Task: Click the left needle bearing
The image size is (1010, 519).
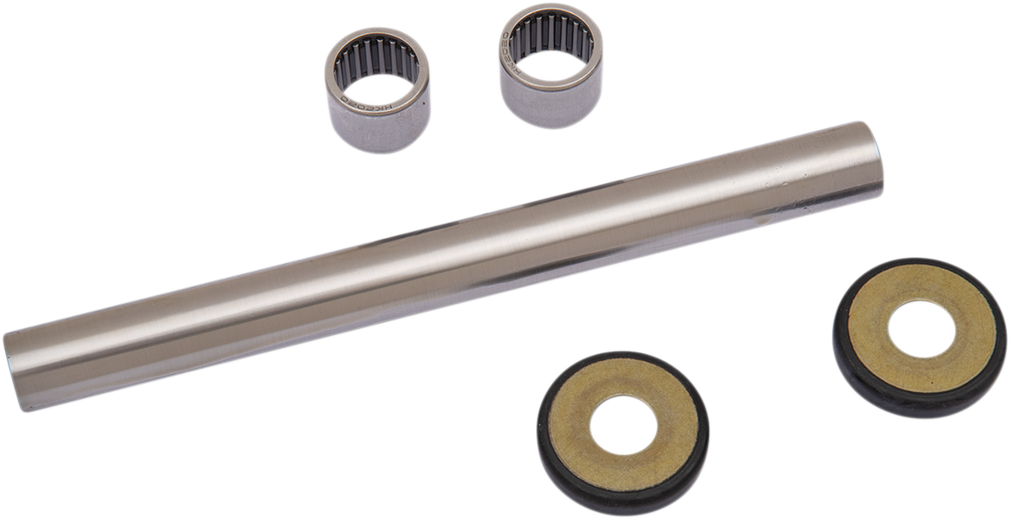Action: click(x=378, y=90)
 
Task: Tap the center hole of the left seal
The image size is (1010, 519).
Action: click(x=622, y=425)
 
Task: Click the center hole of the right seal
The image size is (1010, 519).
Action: click(x=922, y=329)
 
